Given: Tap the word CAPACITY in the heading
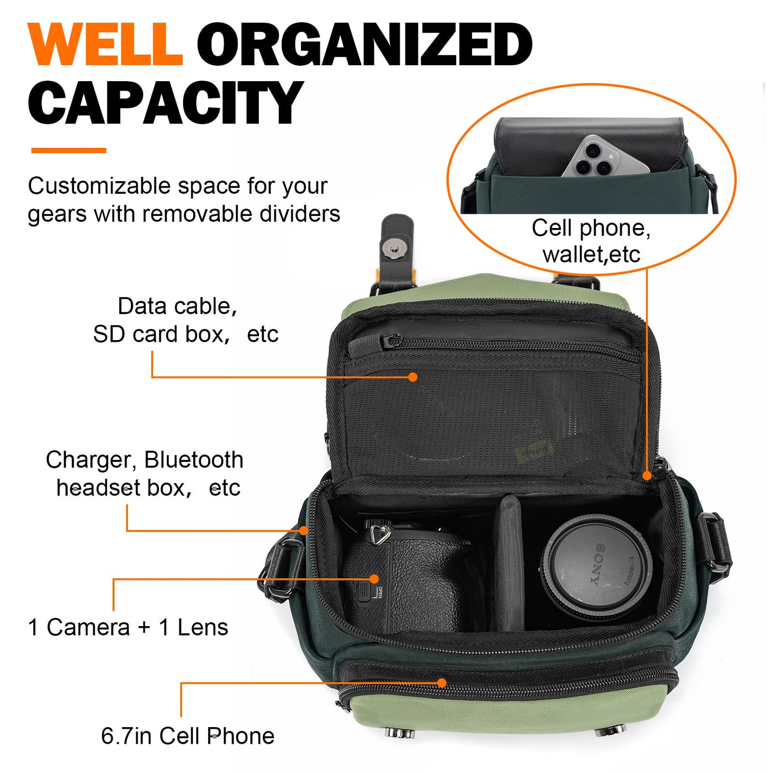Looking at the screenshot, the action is click(165, 102).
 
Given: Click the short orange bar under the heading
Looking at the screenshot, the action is click(68, 150).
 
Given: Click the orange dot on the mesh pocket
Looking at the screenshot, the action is click(413, 377).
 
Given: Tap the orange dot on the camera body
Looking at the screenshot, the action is click(374, 579).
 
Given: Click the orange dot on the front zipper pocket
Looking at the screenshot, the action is click(442, 683).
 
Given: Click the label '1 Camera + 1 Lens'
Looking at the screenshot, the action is click(128, 627).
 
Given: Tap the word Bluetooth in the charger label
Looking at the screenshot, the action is click(194, 460).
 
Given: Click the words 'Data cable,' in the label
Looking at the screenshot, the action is click(177, 307).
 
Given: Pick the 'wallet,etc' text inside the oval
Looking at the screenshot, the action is click(591, 255).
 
